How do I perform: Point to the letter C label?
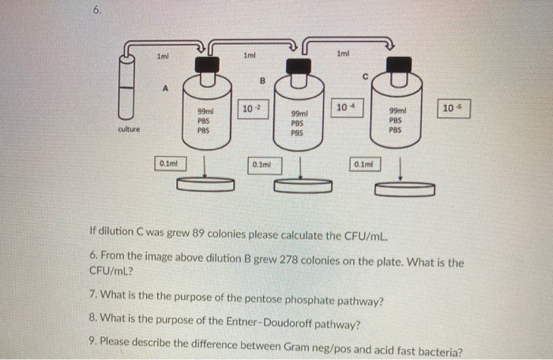[x=364, y=77]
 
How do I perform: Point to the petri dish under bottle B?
[x=303, y=186]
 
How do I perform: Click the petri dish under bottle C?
[x=404, y=189]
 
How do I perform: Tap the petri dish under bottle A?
[x=206, y=184]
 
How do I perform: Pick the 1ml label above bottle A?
[x=162, y=55]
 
